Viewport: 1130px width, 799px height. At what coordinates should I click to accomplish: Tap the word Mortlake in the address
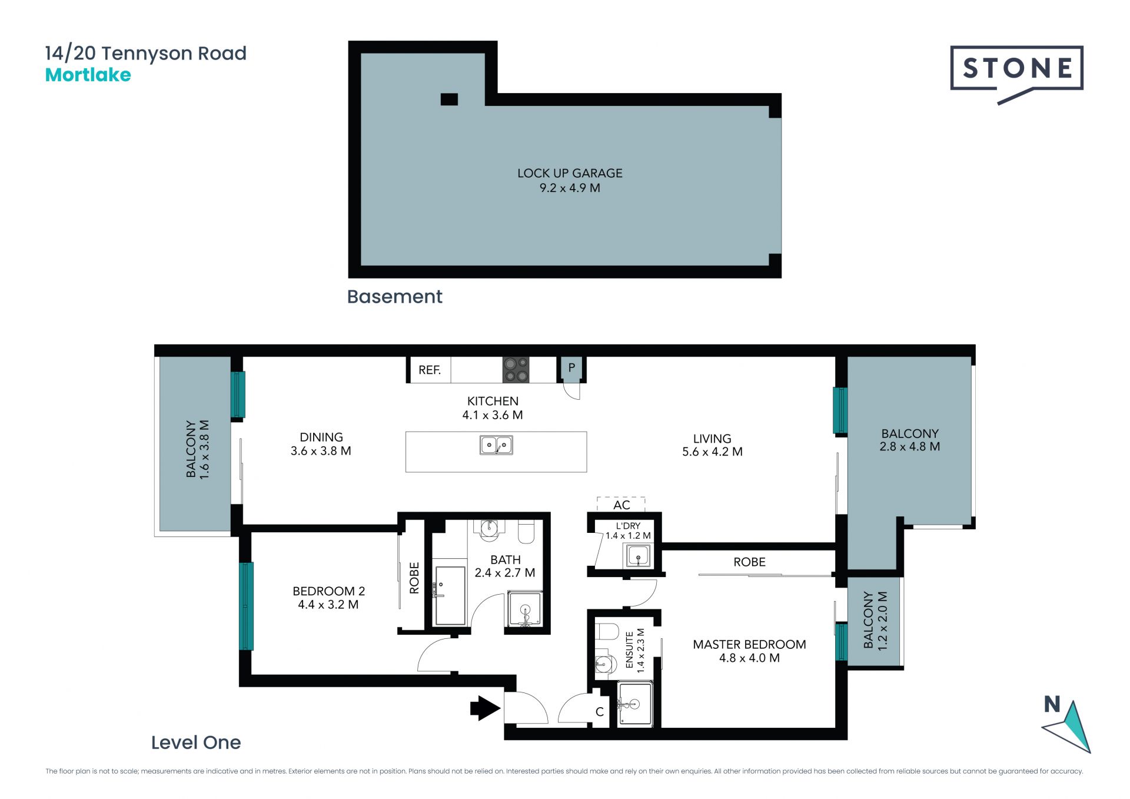[x=88, y=75]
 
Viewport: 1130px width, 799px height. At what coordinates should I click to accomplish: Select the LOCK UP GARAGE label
[x=570, y=173]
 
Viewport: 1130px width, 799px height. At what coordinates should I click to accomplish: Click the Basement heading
[x=394, y=297]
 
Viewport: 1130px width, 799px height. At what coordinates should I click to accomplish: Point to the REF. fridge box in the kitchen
[x=430, y=370]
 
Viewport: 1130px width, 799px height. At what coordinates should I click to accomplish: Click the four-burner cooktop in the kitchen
[x=516, y=370]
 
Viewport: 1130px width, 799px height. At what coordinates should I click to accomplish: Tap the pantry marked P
[x=571, y=369]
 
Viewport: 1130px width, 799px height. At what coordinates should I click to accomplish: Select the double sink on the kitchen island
[x=496, y=445]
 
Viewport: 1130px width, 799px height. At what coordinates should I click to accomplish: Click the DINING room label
[x=321, y=437]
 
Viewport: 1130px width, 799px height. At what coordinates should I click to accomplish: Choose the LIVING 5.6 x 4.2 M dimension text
[x=712, y=452]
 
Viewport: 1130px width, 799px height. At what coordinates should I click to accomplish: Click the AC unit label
[x=621, y=505]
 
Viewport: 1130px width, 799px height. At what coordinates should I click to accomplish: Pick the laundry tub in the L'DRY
[x=639, y=555]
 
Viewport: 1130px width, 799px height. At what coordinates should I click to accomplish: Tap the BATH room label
[x=506, y=559]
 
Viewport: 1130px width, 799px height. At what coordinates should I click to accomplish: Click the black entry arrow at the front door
[x=484, y=708]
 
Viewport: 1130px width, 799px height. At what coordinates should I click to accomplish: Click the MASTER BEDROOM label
[x=749, y=645]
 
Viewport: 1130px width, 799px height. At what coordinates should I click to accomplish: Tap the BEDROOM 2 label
[x=329, y=591]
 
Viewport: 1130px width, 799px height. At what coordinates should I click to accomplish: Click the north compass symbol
[x=1066, y=725]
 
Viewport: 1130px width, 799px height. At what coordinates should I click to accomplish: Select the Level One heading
[x=196, y=742]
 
